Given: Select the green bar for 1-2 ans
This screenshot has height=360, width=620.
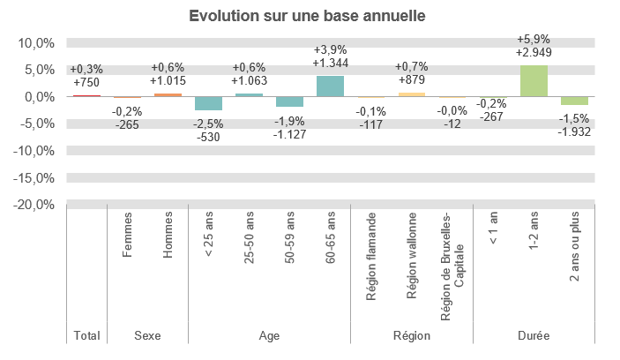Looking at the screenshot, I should click(534, 80).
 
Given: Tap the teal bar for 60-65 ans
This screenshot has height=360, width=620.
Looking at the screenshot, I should click(330, 86).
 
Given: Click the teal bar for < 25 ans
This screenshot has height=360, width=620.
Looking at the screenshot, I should click(208, 103).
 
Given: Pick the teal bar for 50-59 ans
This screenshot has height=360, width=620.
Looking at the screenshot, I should click(289, 101).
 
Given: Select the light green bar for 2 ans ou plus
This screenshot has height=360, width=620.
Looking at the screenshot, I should click(574, 101).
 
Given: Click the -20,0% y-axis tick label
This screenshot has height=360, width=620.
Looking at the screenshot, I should click(34, 205).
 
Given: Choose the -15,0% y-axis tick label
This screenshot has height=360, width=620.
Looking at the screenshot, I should click(34, 178).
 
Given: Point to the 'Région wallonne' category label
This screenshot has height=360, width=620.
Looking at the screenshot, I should click(412, 256).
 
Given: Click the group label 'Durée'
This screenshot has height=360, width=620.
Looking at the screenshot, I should click(534, 336).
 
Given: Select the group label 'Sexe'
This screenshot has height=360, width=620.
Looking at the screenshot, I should click(147, 336).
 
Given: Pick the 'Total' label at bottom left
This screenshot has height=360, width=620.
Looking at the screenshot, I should click(86, 336).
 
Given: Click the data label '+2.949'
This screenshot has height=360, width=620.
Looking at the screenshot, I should click(534, 53).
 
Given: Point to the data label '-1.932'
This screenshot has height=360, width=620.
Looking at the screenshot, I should click(574, 131).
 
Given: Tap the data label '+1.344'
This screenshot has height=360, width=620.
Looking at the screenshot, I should click(330, 63).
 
